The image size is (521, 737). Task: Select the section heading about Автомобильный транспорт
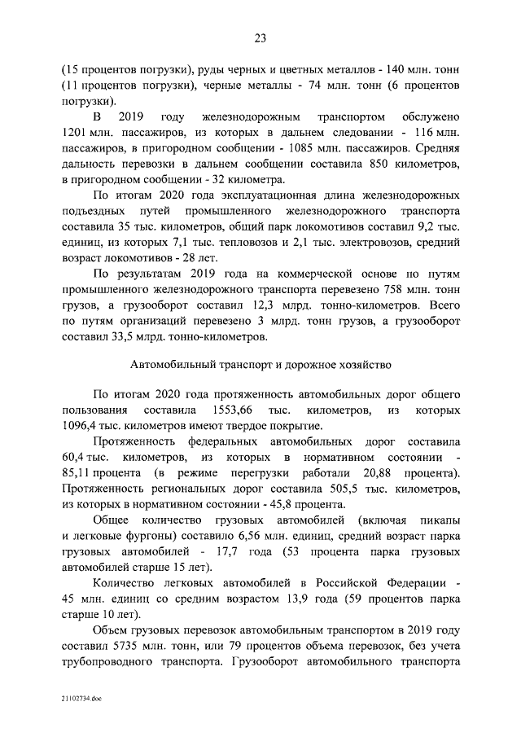click(260, 363)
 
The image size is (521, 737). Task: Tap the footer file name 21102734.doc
click(81, 699)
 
